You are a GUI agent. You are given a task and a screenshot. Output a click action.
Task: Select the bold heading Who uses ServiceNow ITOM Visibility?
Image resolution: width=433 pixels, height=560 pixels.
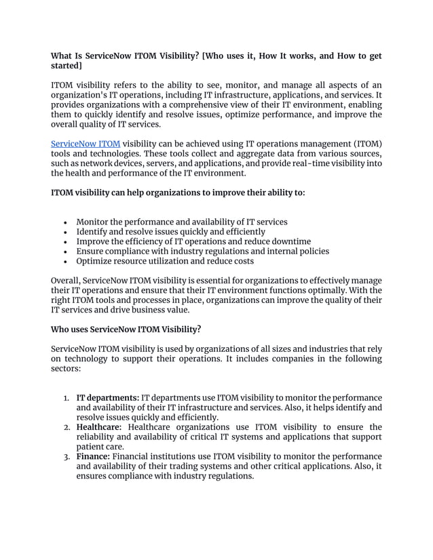[x=126, y=329]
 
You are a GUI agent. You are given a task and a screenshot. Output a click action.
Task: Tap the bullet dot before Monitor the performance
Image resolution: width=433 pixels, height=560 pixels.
[x=64, y=222]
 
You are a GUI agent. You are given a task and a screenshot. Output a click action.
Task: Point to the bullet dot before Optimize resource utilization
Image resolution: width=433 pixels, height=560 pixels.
[x=64, y=261]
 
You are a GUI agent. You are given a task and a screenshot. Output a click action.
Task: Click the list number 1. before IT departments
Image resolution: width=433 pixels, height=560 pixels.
[x=67, y=397]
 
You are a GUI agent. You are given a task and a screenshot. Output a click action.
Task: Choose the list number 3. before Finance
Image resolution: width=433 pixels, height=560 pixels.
[x=67, y=456]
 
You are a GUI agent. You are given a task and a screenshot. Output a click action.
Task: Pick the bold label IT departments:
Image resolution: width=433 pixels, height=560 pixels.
[x=107, y=397]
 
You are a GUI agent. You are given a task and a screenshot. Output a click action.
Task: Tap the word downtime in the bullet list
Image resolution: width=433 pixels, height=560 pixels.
[x=291, y=241]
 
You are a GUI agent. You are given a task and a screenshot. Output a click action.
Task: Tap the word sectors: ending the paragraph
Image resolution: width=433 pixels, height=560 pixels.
[x=66, y=369]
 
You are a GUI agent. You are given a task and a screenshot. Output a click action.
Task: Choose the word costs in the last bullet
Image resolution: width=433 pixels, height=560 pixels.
[x=241, y=261]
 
